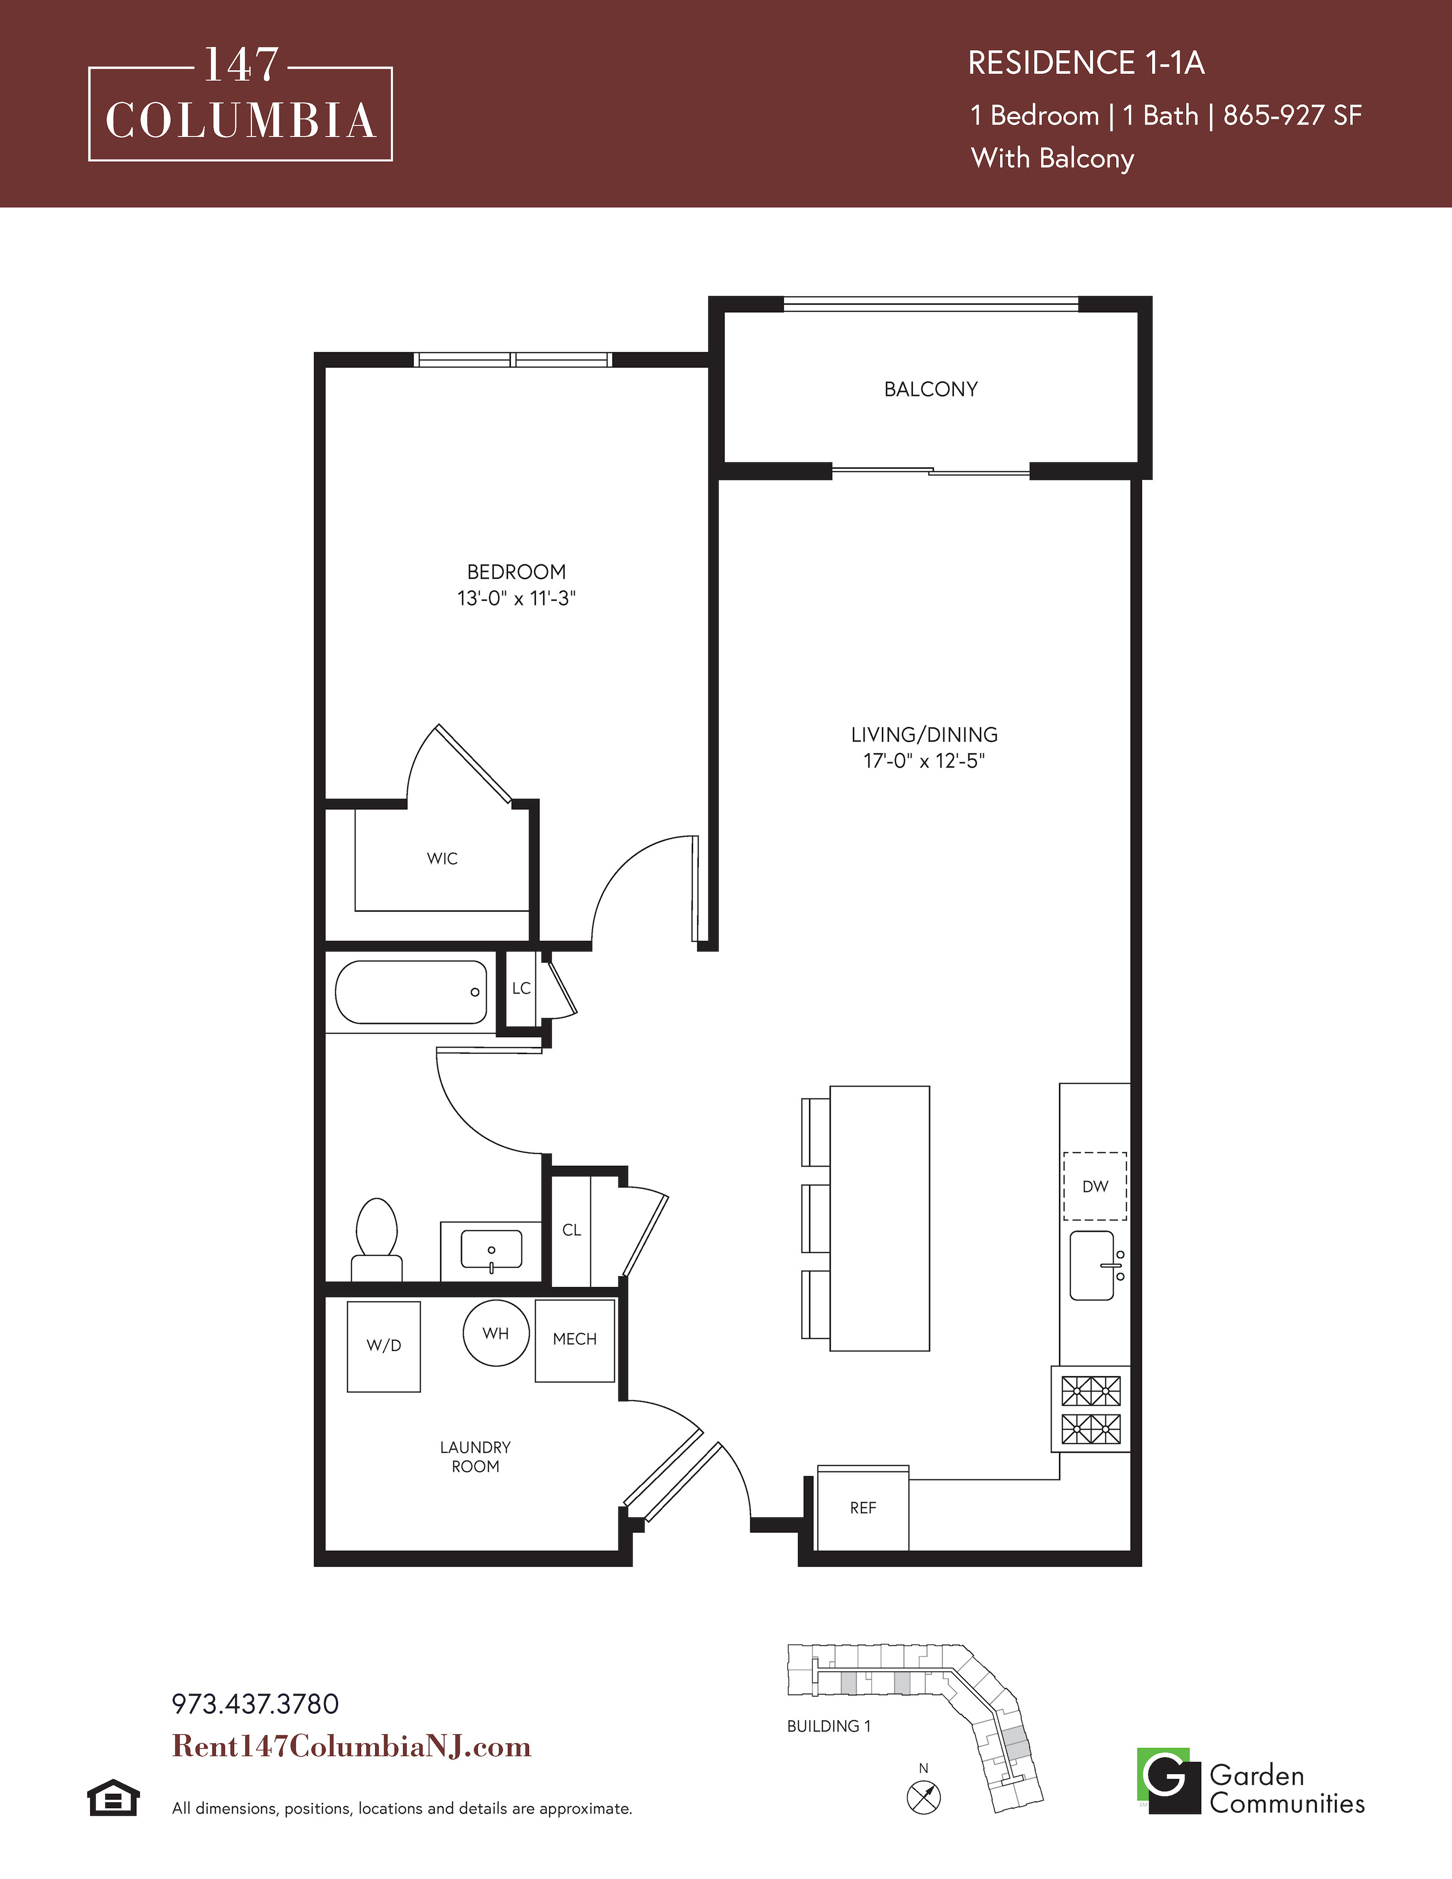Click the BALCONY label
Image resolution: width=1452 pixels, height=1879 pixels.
point(931,389)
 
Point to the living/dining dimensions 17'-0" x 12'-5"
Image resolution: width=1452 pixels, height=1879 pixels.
point(924,761)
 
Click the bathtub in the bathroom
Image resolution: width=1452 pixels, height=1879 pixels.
point(411,992)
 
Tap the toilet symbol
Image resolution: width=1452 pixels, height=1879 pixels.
point(377,1239)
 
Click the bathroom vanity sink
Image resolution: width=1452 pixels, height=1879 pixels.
point(491,1250)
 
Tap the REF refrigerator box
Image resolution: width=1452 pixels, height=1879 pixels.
point(863,1507)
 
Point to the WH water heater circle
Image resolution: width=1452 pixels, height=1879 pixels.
point(495,1334)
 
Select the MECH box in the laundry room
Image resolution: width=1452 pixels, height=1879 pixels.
point(575,1340)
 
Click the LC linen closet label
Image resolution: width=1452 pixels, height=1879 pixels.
point(521,988)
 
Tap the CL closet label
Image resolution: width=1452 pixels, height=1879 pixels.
point(572,1230)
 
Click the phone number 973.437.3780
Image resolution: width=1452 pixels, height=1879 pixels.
point(256,1704)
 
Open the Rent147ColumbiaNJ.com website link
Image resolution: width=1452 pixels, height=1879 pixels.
point(352,1746)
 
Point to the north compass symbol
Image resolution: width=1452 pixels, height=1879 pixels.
point(924,1796)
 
